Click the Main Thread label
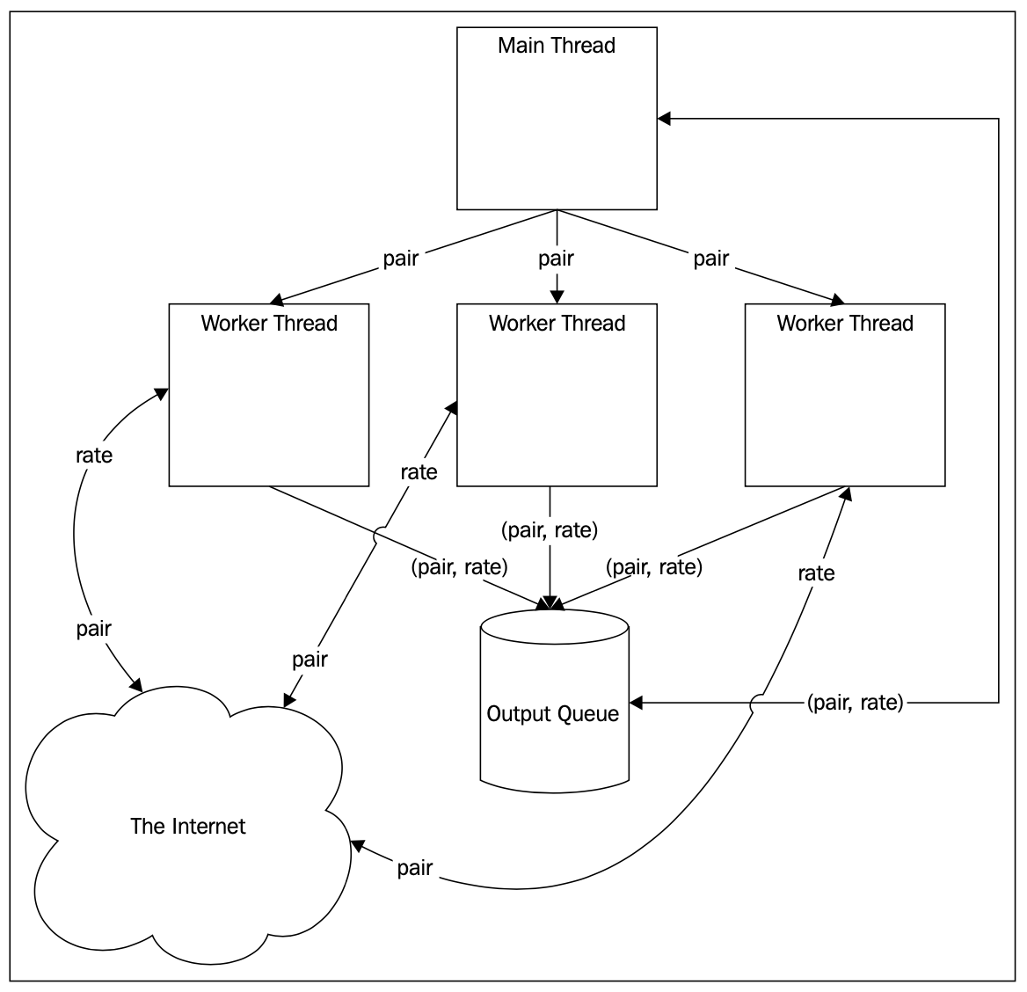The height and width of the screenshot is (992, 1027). tap(556, 46)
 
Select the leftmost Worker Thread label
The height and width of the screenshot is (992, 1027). tap(269, 323)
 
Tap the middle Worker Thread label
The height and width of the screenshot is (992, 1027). tap(557, 323)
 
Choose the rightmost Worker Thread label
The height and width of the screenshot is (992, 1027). tap(845, 323)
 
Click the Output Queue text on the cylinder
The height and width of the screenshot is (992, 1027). tap(553, 713)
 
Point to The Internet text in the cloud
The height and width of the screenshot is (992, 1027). tap(188, 826)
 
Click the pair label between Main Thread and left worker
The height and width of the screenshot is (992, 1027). tap(400, 258)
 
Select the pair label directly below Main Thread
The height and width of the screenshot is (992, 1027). tap(556, 258)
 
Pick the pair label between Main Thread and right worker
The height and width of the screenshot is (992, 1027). tap(710, 258)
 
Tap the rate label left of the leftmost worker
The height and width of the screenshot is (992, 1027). tap(94, 455)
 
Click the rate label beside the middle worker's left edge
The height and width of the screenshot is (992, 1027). tap(419, 471)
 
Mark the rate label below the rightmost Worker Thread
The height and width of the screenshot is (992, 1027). tap(816, 573)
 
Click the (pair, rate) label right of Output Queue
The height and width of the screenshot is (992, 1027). tap(855, 702)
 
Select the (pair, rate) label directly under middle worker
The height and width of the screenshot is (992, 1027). tap(550, 529)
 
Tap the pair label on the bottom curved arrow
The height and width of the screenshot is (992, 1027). tap(415, 868)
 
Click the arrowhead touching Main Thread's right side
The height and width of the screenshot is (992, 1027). tap(665, 119)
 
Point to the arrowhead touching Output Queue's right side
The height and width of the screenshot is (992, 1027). tap(637, 703)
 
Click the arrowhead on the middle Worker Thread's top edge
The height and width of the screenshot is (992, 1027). tap(557, 296)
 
